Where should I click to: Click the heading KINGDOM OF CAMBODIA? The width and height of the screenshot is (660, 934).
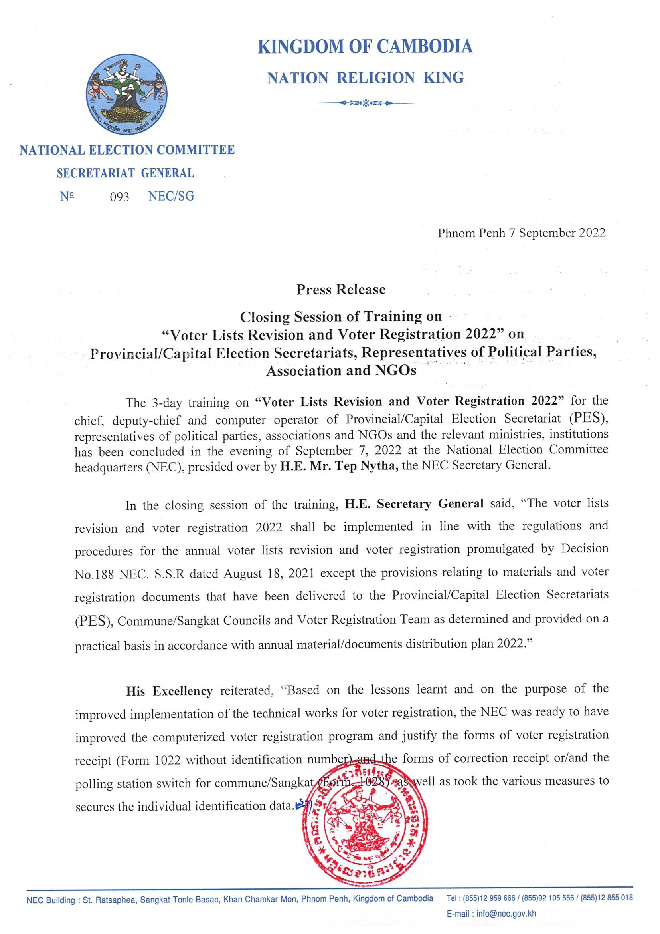point(365,46)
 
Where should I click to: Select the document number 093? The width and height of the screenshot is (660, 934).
point(119,197)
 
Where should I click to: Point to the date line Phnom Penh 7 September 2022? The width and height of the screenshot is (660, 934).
point(521,233)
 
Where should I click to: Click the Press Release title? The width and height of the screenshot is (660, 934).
point(340,289)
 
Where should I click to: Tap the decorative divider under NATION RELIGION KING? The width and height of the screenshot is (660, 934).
point(366,103)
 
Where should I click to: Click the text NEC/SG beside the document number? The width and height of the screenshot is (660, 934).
point(171,197)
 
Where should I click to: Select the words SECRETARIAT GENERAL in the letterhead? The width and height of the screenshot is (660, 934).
point(125,173)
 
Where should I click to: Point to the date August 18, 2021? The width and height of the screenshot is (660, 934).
point(269,574)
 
